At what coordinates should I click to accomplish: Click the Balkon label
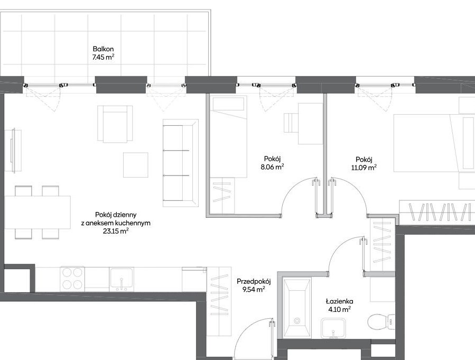click(104, 49)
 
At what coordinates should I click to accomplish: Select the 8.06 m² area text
click(272, 167)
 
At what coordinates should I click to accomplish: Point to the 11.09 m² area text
click(364, 167)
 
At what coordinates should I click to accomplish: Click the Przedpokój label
click(254, 282)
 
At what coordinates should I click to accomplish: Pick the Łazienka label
click(340, 301)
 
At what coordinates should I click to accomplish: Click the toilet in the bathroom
click(381, 321)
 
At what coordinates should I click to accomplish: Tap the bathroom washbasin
click(333, 328)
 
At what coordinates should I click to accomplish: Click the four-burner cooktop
click(72, 279)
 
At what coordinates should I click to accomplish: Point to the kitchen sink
click(121, 279)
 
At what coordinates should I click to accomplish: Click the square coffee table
click(136, 165)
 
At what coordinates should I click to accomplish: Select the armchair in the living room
click(115, 124)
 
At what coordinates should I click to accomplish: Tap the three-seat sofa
click(181, 163)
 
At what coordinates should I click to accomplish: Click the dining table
click(38, 213)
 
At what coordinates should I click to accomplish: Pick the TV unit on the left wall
click(13, 151)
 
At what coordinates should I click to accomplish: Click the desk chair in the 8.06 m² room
click(291, 123)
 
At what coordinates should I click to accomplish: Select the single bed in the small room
click(228, 136)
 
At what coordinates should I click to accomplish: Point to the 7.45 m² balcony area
click(104, 57)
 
